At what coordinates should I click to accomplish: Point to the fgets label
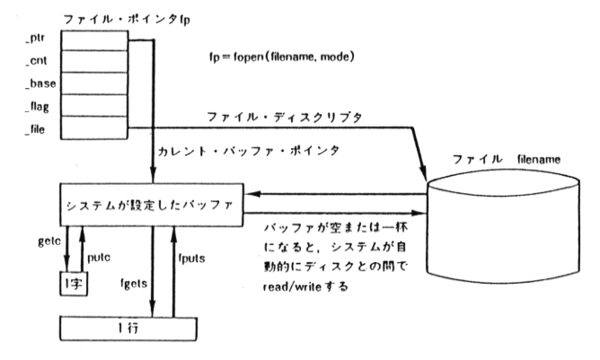click(137, 281)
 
